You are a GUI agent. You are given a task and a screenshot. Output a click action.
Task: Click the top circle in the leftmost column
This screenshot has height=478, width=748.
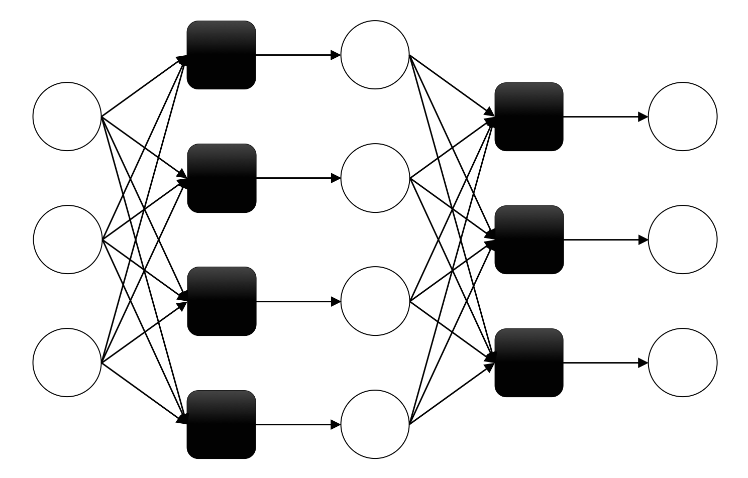pos(67,116)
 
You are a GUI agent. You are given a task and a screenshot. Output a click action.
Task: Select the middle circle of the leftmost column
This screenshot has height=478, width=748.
pos(67,240)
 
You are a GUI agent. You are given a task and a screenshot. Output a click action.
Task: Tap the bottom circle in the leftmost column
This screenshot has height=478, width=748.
pos(67,362)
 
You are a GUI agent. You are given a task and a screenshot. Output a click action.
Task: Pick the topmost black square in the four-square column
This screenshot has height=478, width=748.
pos(222,55)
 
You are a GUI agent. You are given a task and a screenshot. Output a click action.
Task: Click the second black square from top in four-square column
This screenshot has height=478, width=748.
pos(222,178)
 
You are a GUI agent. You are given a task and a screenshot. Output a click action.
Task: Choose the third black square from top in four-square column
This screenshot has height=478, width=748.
pos(222,301)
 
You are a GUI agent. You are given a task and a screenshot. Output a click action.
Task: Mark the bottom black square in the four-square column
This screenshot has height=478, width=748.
pos(222,424)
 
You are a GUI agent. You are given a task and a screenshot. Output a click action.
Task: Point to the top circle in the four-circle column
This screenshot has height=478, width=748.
pos(375,55)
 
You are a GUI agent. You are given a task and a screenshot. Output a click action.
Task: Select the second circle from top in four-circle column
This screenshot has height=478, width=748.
pos(375,178)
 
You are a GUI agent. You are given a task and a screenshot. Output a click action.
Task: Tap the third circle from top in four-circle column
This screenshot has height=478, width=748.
pos(375,301)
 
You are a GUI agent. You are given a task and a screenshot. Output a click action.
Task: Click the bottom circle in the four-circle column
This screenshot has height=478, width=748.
pos(375,424)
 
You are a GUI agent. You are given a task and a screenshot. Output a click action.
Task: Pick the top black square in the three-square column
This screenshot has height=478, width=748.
pos(529,116)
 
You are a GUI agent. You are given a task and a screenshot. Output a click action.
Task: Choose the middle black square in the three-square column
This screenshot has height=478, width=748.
pos(529,240)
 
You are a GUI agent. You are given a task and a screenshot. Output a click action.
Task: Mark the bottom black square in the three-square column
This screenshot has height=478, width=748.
pos(529,363)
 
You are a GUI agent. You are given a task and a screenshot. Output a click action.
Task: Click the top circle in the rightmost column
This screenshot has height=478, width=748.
pos(683,116)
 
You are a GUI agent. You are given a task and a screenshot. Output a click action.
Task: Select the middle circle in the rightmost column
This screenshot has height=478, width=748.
pos(683,240)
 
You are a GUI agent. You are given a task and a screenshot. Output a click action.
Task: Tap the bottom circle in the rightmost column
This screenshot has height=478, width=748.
pos(683,363)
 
